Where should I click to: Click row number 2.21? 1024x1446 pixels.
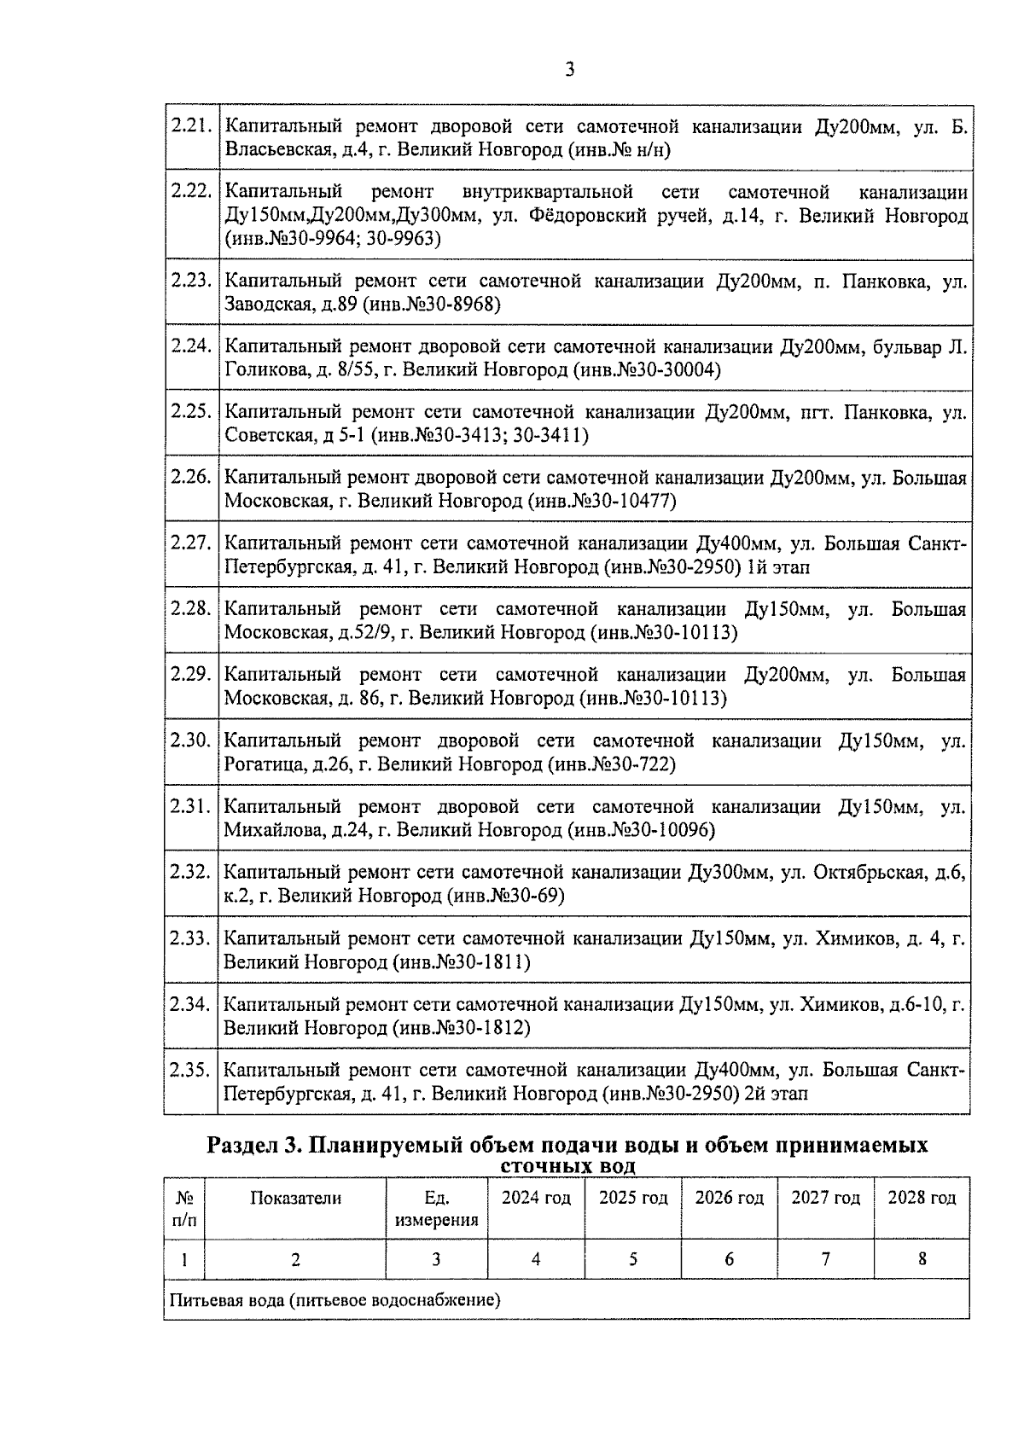190,126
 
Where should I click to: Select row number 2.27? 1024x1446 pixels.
190,543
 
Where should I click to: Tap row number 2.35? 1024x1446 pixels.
189,1070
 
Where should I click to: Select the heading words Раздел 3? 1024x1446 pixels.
254,1145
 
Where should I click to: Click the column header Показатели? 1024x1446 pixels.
295,1198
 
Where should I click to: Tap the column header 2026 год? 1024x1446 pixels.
729,1198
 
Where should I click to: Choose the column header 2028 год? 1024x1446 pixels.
922,1198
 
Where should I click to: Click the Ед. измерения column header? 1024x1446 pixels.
436,1209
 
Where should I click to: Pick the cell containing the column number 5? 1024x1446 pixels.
632,1259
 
